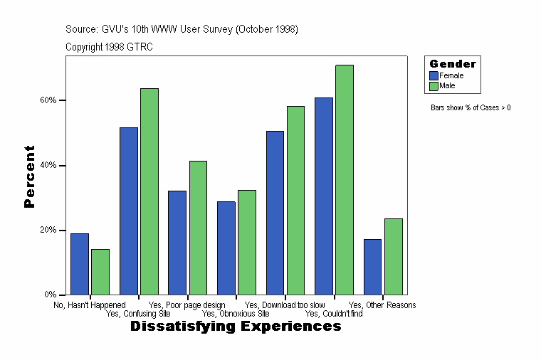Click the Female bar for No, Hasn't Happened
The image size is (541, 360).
(x=80, y=264)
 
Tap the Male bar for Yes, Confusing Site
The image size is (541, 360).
(x=149, y=191)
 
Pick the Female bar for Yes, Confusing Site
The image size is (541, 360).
(x=129, y=211)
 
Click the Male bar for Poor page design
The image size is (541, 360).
(x=198, y=228)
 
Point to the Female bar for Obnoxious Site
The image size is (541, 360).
(x=226, y=248)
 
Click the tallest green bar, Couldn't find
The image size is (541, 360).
(x=345, y=180)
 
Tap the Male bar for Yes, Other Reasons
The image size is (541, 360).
(x=394, y=257)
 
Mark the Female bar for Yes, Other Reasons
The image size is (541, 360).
(x=373, y=267)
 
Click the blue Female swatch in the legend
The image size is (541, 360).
(x=434, y=75)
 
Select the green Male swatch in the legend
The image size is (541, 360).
(x=434, y=86)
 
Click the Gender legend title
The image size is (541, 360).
(x=453, y=64)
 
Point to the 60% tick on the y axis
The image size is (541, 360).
(x=63, y=100)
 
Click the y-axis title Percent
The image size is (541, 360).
(x=29, y=176)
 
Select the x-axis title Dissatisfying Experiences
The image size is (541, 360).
(x=236, y=327)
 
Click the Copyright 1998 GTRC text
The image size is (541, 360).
(x=109, y=47)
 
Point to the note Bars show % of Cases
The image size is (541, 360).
(x=471, y=108)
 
